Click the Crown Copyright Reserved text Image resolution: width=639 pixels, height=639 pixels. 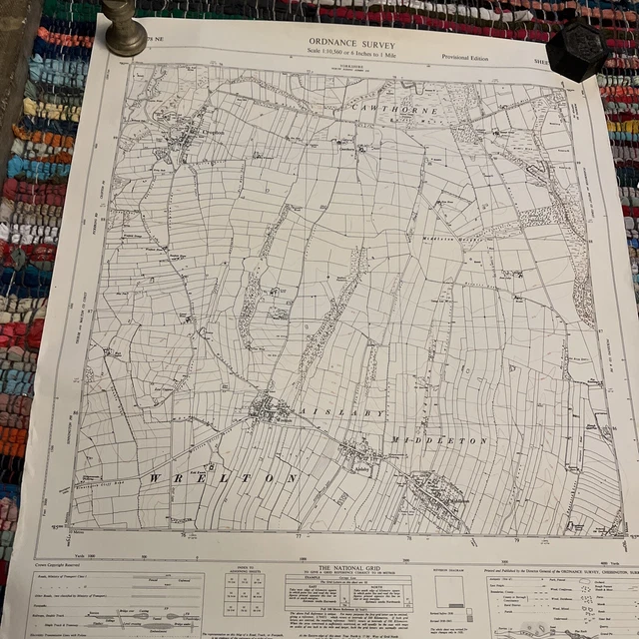point(65,567)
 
